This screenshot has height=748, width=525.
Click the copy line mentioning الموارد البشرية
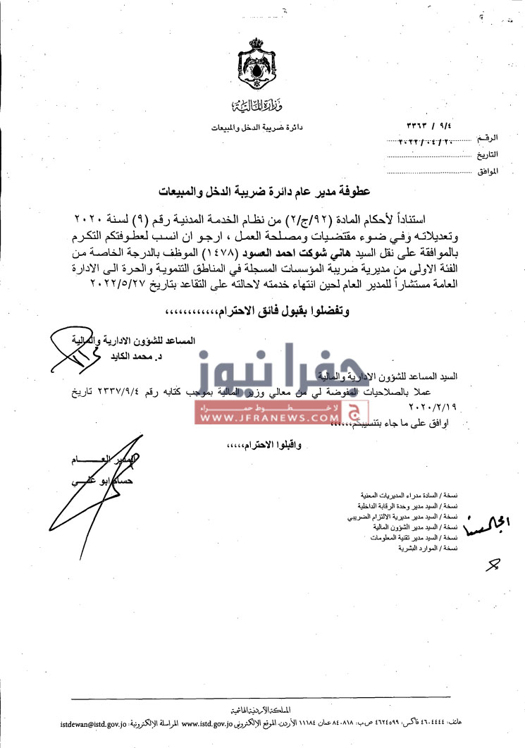pyautogui.click(x=428, y=548)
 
